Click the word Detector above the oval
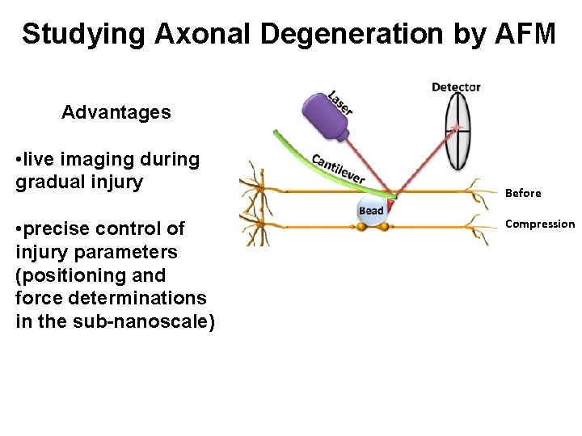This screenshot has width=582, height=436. tap(456, 87)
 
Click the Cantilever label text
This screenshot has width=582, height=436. tap(338, 167)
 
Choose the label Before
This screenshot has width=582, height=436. tap(523, 193)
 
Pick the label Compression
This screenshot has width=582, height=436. tap(540, 224)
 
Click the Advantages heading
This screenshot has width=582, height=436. tap(116, 112)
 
